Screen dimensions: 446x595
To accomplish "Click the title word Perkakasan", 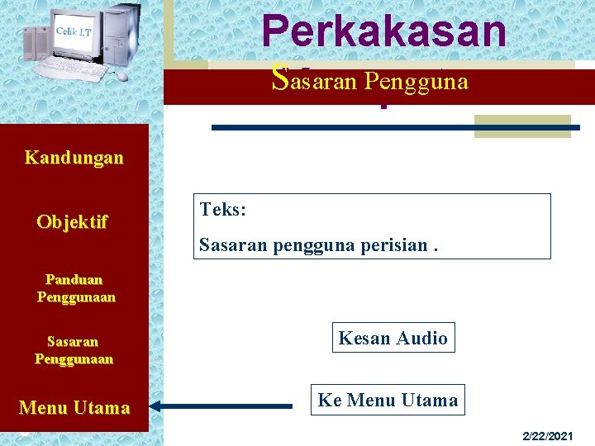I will pos(383,31).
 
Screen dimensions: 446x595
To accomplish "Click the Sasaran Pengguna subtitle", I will pos(370,80).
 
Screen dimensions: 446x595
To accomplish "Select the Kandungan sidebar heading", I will pos(74,157).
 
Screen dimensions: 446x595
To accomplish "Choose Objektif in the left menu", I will pos(72,222).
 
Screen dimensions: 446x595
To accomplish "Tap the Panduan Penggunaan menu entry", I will pos(75,288).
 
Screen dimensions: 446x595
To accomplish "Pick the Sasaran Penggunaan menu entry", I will pos(74,350).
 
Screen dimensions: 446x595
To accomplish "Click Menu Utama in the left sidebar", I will pos(74,407).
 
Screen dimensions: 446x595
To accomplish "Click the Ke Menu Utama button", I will pos(388,401).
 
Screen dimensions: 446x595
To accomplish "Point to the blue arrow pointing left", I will pos(223,406).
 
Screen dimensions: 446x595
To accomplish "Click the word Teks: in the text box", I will pos(222,210).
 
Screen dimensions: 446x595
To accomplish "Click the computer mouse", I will pos(122,76).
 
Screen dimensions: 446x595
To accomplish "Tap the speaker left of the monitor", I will pos(36,44).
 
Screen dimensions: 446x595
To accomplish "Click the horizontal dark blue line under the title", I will pos(396,127).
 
